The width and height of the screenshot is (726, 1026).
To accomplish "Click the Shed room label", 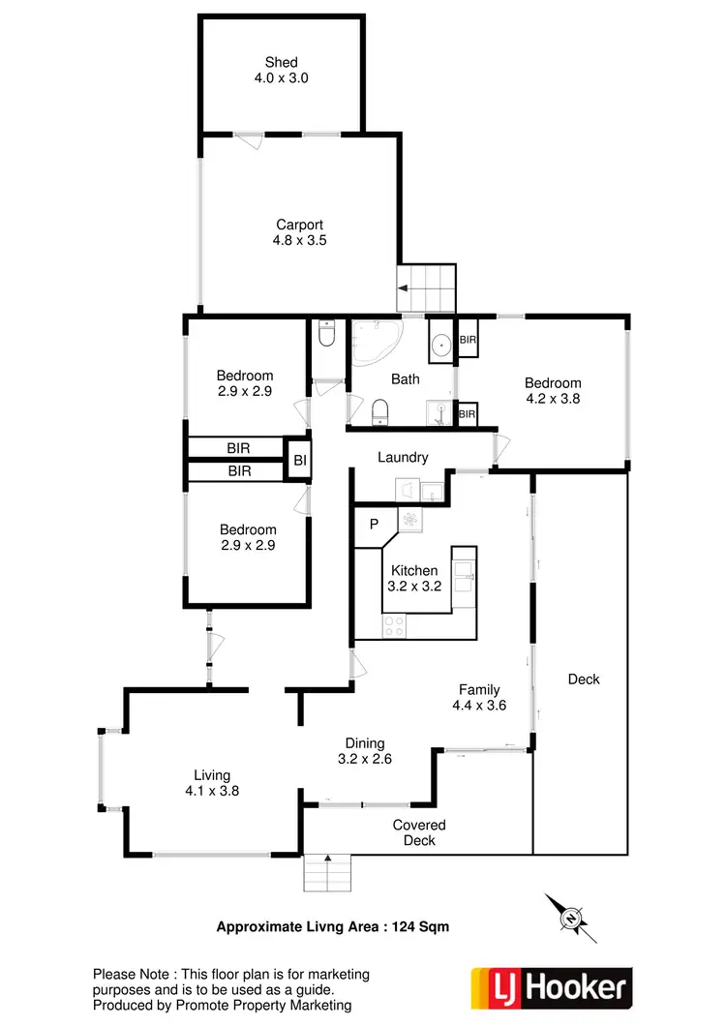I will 282,70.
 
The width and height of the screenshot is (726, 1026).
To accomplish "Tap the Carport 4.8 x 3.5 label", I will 300,232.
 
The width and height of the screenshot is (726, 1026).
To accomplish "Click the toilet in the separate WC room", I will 327,335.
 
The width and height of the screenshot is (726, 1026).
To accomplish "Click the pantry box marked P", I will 374,525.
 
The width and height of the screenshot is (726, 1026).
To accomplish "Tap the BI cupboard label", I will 300,462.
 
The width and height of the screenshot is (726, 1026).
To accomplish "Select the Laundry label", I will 403,458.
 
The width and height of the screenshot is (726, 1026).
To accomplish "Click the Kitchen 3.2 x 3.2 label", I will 414,578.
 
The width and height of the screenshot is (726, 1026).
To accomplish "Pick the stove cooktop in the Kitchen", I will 395,626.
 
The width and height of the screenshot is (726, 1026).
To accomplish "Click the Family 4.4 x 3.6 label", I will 479,697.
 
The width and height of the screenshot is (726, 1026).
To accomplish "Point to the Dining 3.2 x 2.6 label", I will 364,751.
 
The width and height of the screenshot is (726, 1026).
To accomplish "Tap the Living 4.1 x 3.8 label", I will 212,782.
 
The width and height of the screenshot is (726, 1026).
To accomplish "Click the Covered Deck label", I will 419,832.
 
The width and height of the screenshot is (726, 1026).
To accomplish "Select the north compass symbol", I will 570,916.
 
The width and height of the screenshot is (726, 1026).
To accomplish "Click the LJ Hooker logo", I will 551,987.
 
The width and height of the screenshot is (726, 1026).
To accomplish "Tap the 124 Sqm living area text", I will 420,926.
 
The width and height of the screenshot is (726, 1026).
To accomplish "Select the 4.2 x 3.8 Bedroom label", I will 553,390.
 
